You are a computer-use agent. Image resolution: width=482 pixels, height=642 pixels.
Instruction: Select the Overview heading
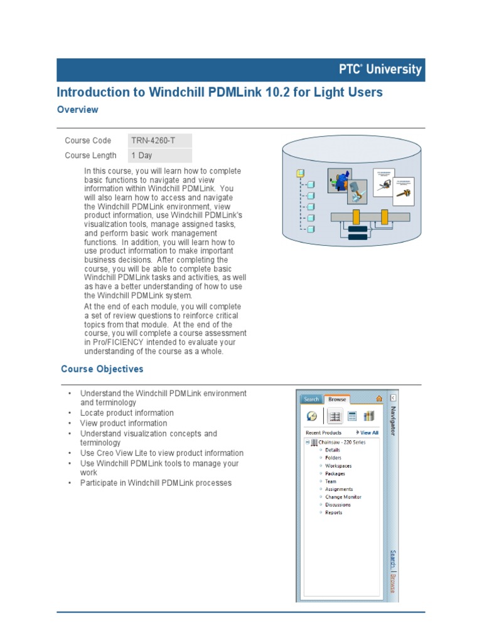tap(77, 110)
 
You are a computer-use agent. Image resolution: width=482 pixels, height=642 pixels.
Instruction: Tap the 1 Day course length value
tap(142, 155)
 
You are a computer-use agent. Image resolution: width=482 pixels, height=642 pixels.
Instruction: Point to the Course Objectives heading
tap(102, 369)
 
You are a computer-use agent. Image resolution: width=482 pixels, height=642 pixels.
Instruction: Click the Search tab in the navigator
tap(311, 399)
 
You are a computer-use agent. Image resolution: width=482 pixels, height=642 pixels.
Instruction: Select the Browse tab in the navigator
tap(337, 399)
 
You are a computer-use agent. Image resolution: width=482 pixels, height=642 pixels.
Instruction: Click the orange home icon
tap(378, 399)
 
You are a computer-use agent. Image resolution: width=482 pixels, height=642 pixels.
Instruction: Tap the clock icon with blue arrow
tap(312, 416)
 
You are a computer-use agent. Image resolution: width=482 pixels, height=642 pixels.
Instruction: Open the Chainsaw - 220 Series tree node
tap(341, 442)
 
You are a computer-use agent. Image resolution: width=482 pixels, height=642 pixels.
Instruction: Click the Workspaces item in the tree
tap(338, 466)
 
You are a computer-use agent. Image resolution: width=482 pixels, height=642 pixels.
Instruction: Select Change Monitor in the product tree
tap(343, 497)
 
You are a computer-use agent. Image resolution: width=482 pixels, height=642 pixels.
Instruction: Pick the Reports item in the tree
tap(334, 513)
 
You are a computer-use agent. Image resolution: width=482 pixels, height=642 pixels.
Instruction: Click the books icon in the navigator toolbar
tap(369, 416)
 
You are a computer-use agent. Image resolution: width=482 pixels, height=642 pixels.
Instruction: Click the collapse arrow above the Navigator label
tap(393, 398)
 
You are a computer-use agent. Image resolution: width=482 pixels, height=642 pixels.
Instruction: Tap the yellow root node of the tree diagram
tap(301, 173)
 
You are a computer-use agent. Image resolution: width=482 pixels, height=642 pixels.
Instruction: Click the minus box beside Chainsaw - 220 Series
tap(308, 442)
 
